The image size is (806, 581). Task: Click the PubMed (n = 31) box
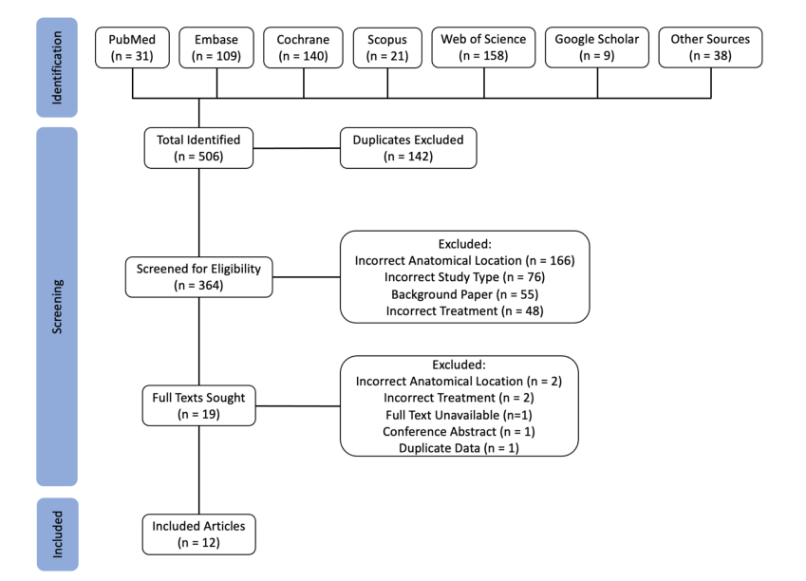click(x=132, y=47)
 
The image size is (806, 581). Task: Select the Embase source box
click(x=216, y=47)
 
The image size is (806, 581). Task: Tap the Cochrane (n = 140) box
click(x=303, y=47)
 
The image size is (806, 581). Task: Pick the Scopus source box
click(x=387, y=47)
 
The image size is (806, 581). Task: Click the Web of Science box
click(x=484, y=47)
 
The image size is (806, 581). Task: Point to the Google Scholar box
click(x=597, y=47)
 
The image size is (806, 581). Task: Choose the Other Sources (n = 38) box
click(x=710, y=47)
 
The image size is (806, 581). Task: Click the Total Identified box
click(x=198, y=148)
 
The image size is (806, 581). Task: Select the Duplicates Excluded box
click(x=408, y=148)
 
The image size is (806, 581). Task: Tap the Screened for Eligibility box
click(x=199, y=277)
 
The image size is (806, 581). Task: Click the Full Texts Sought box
click(x=199, y=405)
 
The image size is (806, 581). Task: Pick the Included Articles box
click(x=199, y=534)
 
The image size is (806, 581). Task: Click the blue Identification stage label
click(x=57, y=67)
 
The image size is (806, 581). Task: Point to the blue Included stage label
click(x=58, y=534)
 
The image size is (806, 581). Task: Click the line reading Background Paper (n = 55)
click(x=464, y=294)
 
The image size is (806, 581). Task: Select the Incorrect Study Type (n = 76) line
click(x=464, y=277)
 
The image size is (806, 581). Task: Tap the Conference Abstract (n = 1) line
click(x=459, y=431)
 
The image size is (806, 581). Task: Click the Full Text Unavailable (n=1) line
click(x=459, y=415)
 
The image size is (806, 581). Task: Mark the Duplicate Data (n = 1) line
click(x=459, y=448)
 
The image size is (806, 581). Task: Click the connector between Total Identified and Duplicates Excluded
click(x=296, y=148)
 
